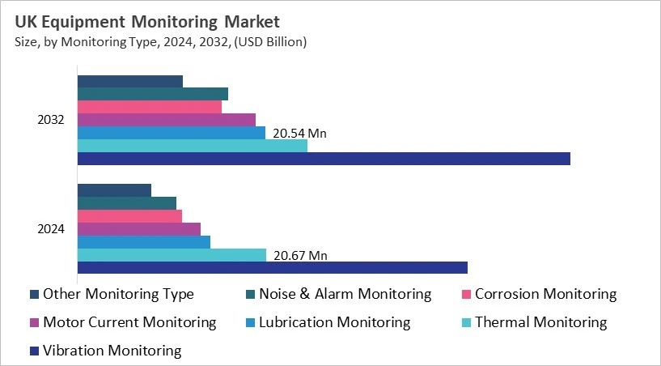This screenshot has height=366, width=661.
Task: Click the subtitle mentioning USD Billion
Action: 161,41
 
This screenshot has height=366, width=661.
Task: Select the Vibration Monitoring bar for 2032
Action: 324,159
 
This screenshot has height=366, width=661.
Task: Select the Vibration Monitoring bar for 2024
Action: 273,267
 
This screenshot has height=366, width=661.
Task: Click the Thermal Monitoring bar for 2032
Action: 193,146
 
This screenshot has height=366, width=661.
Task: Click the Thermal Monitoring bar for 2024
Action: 172,254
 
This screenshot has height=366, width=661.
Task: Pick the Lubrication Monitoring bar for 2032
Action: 172,133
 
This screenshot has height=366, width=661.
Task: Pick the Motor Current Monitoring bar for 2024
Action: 139,229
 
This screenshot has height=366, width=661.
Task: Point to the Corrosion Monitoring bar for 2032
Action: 150,107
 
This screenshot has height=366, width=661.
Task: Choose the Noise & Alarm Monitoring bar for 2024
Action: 127,203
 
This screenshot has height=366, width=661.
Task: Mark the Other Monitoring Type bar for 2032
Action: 130,81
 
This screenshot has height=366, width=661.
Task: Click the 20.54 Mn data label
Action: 299,134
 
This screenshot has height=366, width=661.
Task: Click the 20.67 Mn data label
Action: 300,255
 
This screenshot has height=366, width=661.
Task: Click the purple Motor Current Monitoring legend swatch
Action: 34,323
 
